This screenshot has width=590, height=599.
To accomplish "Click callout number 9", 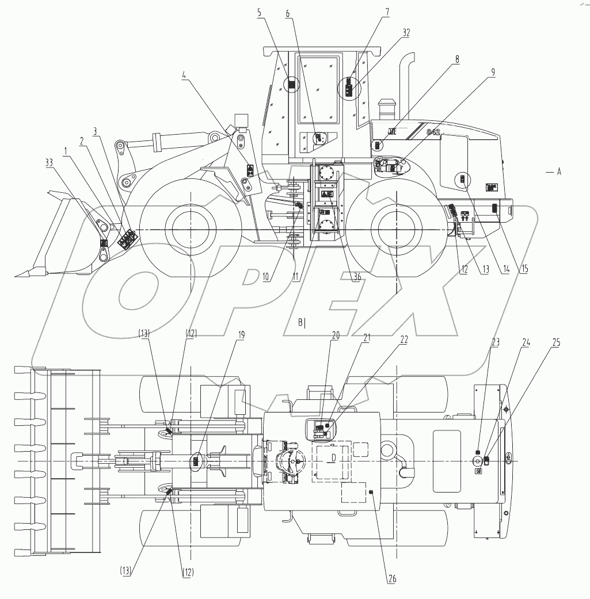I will pyautogui.click(x=477, y=73).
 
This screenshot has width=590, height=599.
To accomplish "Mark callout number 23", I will pyautogui.click(x=495, y=342).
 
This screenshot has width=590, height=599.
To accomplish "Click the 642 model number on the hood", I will pyautogui.click(x=433, y=131).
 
